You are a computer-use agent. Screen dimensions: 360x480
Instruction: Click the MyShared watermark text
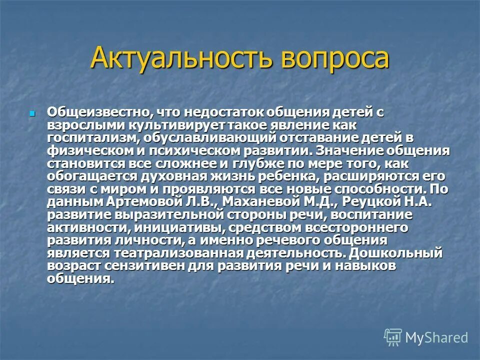pyautogui.click(x=436, y=337)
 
